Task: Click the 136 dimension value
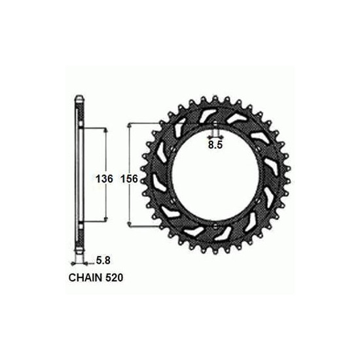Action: pyautogui.click(x=105, y=179)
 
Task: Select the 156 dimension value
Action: pyautogui.click(x=130, y=179)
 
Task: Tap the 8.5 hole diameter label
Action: pyautogui.click(x=215, y=145)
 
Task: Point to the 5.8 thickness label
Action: pyautogui.click(x=103, y=261)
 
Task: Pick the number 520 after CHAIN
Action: pyautogui.click(x=115, y=278)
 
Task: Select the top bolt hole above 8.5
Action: pyautogui.click(x=215, y=124)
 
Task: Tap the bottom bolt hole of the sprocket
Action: pyautogui.click(x=215, y=226)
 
